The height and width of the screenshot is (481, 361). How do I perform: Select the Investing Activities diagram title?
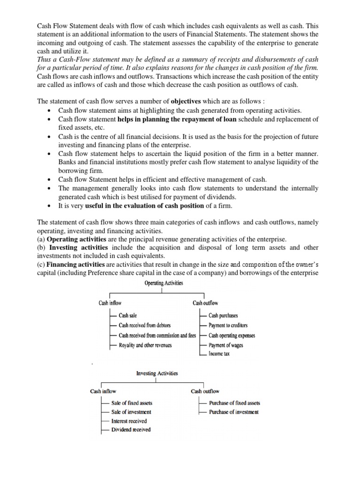157,373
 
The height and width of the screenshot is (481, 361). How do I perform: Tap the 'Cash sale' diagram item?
128,316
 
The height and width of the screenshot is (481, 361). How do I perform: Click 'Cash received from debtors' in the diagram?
145,325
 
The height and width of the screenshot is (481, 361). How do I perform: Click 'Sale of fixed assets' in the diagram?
132,403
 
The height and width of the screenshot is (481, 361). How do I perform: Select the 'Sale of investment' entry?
131,412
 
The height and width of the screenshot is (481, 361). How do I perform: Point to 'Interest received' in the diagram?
129,421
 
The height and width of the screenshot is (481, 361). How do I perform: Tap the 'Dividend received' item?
131,430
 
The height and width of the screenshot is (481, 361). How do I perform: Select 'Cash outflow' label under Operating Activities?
205,303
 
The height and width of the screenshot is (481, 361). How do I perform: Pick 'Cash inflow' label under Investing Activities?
103,391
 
